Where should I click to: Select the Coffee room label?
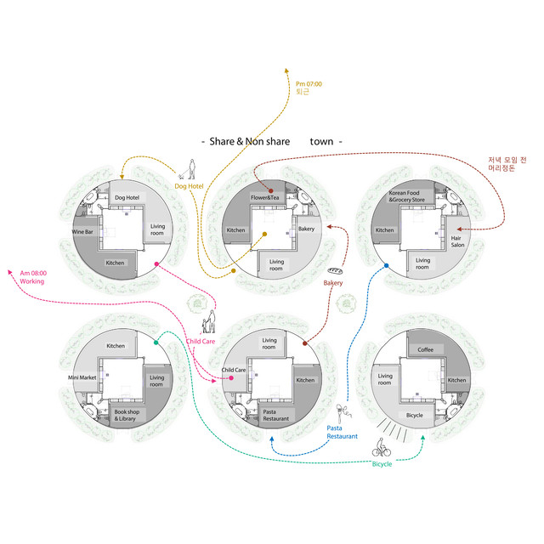click(425, 349)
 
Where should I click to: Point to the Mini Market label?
click(84, 377)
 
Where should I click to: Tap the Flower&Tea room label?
click(265, 198)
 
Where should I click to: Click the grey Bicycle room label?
click(414, 416)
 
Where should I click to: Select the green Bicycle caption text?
click(382, 464)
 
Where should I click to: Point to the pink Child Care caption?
click(201, 342)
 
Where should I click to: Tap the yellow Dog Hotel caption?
click(189, 185)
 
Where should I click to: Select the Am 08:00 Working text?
click(34, 277)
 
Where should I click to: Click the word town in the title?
click(321, 141)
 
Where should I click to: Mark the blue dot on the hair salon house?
click(387, 266)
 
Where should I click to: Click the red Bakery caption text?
click(333, 282)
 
